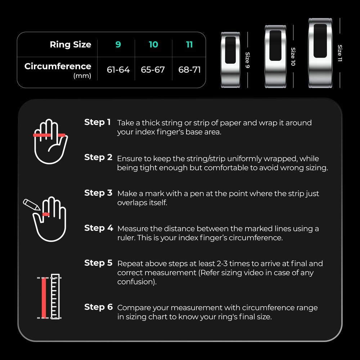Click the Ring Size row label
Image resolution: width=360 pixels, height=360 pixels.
(x=70, y=45)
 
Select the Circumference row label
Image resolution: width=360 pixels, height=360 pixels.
(x=58, y=66)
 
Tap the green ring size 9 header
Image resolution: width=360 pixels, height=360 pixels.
(x=118, y=45)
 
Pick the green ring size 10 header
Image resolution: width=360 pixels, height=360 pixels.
(x=153, y=45)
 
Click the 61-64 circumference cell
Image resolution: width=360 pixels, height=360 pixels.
(x=118, y=69)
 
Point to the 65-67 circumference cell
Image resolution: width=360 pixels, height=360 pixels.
(x=153, y=69)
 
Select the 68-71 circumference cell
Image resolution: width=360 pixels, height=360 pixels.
(x=189, y=69)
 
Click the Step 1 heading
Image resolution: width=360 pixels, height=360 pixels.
(x=98, y=122)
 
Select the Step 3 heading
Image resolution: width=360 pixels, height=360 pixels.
(x=98, y=193)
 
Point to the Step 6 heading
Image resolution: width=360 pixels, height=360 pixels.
(x=98, y=307)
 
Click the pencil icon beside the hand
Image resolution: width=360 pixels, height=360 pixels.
(x=31, y=204)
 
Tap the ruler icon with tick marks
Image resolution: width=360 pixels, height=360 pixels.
(x=55, y=297)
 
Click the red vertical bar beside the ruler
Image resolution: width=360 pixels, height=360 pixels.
(x=44, y=297)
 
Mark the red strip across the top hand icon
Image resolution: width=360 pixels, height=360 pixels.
(x=49, y=135)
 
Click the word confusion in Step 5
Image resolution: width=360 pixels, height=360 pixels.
(x=136, y=282)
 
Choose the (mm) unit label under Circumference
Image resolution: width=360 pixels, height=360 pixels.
(x=82, y=76)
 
